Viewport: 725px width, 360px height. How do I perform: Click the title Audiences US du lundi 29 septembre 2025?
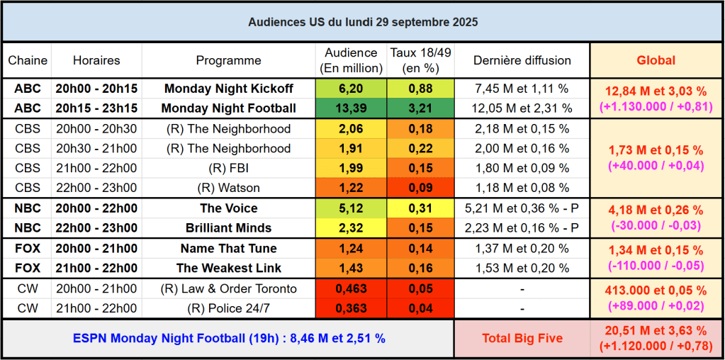click(362, 22)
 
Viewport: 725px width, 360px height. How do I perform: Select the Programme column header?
click(228, 60)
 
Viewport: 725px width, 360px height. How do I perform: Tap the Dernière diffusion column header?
click(522, 60)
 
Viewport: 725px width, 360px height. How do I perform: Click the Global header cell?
click(656, 60)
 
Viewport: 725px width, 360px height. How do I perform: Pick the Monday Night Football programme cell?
click(228, 108)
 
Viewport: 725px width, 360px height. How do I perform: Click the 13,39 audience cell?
click(351, 108)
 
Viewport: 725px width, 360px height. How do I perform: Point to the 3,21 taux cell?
click(420, 108)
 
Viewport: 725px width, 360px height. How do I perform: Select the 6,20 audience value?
click(351, 89)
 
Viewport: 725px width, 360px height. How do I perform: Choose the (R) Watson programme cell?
click(228, 188)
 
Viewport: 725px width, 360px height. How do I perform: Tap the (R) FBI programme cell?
click(228, 168)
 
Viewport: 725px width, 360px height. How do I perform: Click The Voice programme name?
click(228, 208)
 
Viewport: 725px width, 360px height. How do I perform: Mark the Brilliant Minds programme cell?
click(228, 228)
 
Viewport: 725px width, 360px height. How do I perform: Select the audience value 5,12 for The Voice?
click(351, 208)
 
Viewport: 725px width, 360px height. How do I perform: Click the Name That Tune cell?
click(228, 248)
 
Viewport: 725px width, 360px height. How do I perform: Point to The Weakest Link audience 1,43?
click(351, 268)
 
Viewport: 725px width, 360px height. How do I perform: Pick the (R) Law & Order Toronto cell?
click(228, 288)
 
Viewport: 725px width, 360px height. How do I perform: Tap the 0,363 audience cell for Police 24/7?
click(351, 308)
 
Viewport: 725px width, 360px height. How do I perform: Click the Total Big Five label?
click(522, 338)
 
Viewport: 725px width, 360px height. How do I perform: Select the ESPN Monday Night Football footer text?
click(228, 338)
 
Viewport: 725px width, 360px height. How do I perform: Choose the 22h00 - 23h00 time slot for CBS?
click(96, 188)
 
